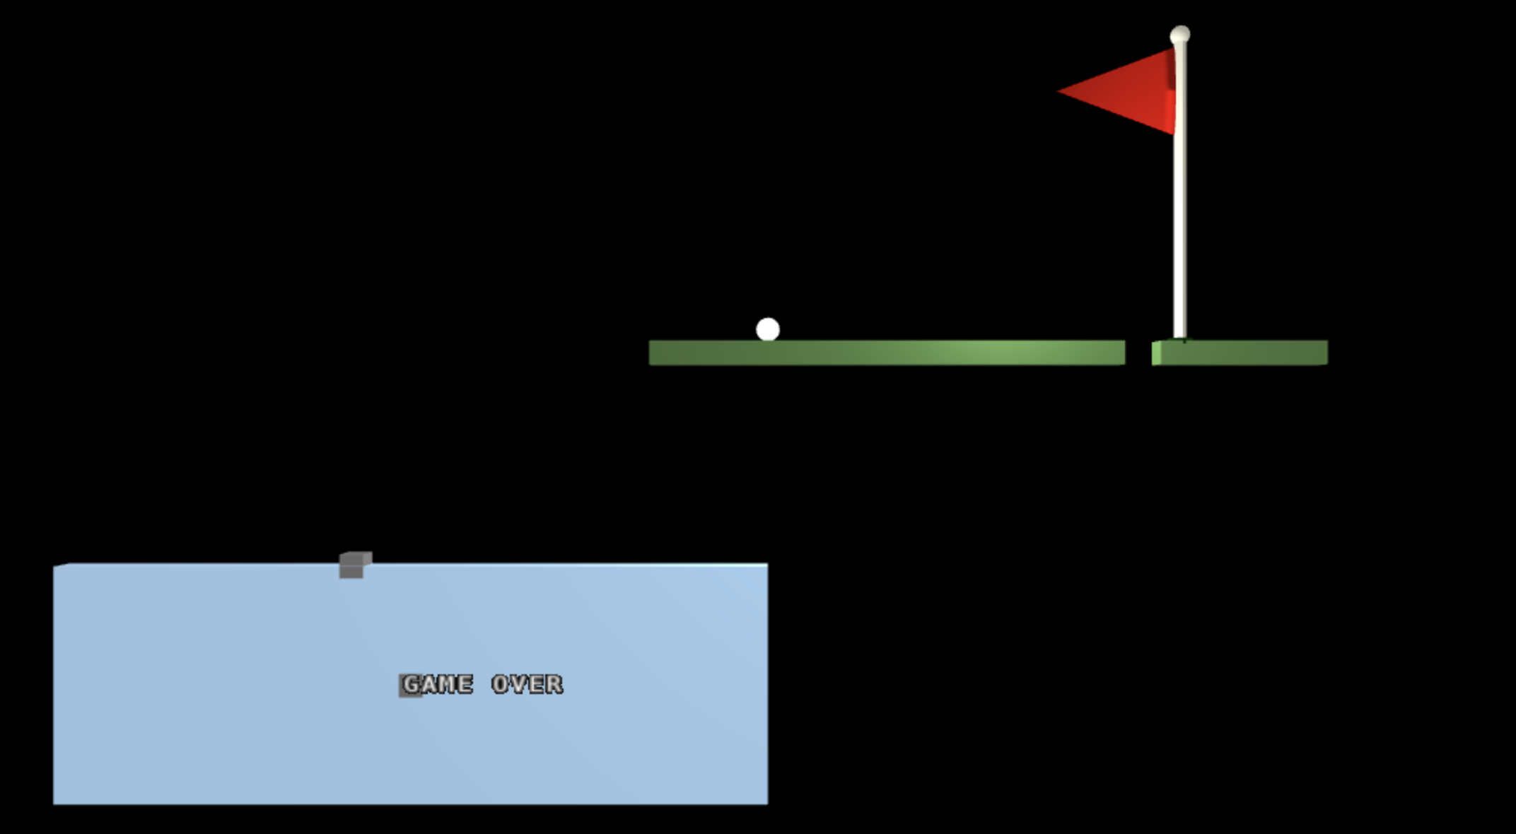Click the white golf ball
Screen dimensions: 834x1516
click(x=767, y=329)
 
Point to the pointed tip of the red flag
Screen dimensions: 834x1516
click(x=1060, y=91)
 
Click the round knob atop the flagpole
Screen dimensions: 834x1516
click(x=1179, y=35)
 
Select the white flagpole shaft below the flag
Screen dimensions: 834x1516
click(x=1179, y=233)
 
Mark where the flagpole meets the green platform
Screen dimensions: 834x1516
click(x=1180, y=339)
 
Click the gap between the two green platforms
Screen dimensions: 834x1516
click(x=1138, y=353)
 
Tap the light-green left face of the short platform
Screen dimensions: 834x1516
click(x=1156, y=353)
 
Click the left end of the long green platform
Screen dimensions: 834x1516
click(x=652, y=353)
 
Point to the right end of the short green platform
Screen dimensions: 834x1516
click(x=1325, y=353)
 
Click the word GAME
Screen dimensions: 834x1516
click(x=438, y=684)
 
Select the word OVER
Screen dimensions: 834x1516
click(x=527, y=684)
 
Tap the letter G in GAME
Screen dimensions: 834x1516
click(x=412, y=684)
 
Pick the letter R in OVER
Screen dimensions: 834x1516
click(x=554, y=684)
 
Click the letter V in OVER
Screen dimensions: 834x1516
click(x=519, y=684)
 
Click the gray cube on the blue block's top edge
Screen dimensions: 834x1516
click(x=353, y=565)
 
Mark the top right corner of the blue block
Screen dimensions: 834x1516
click(x=766, y=565)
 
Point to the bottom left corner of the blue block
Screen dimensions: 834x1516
click(x=54, y=803)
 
